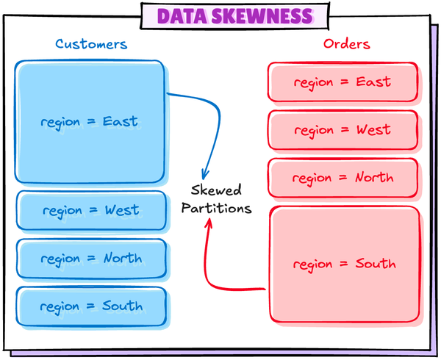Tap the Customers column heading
click(x=91, y=44)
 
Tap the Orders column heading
click(x=347, y=44)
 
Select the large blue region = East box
click(x=90, y=122)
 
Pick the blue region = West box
click(x=90, y=211)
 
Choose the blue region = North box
click(x=91, y=259)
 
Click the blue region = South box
click(x=91, y=306)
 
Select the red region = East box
click(x=343, y=82)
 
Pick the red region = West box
click(x=343, y=130)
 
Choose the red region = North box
click(x=343, y=178)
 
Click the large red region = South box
click(x=344, y=264)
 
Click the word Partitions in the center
click(x=216, y=209)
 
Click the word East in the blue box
click(x=121, y=121)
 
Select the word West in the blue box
click(x=122, y=211)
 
